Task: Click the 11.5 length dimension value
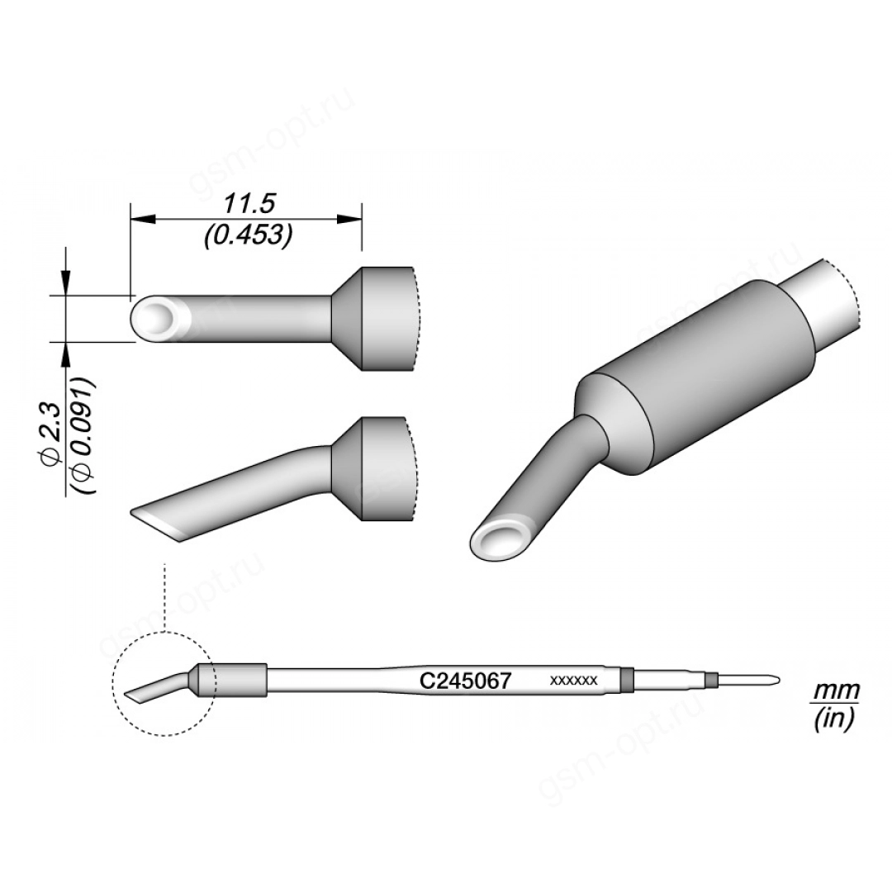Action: (249, 204)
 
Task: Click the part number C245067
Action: (465, 681)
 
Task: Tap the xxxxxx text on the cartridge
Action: (573, 681)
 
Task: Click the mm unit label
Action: (835, 691)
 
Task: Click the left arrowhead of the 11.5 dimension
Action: (143, 218)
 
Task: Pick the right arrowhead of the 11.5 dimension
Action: (349, 218)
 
